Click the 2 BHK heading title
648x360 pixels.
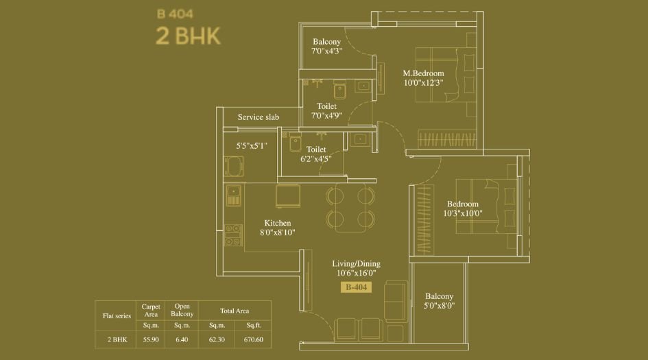[x=188, y=36]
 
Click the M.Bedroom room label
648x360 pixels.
[x=423, y=73]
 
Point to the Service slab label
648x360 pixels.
[x=258, y=117]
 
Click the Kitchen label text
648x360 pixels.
[x=278, y=223]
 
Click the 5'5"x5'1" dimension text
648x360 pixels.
[x=251, y=145]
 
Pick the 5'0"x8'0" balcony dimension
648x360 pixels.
[x=440, y=306]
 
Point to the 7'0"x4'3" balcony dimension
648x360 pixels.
[x=326, y=51]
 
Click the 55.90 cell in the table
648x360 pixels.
[x=150, y=339]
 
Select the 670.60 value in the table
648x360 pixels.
[x=253, y=339]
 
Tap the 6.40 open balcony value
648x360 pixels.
[x=182, y=339]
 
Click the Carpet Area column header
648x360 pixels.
[x=150, y=310]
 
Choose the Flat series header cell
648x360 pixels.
[x=116, y=315]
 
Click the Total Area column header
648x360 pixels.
[x=235, y=311]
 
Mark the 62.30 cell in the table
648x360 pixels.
[x=217, y=339]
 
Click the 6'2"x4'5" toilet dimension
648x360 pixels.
[x=316, y=158]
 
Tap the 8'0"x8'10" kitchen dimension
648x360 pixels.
[x=278, y=233]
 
